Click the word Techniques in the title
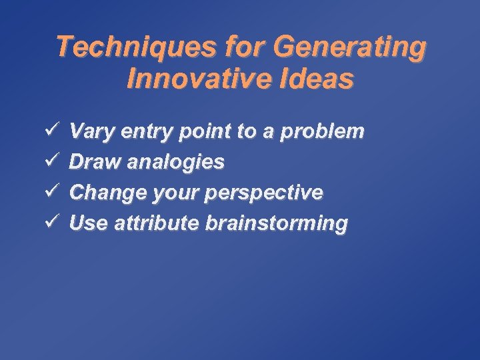[136, 48]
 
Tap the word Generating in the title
[349, 48]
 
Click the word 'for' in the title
[245, 48]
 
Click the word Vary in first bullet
[91, 131]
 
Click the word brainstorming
[276, 224]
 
